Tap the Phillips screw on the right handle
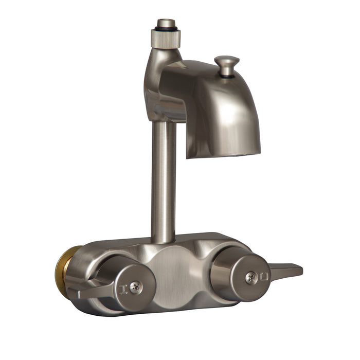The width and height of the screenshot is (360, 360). pyautogui.click(x=251, y=277)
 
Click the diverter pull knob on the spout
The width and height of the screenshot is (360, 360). pyautogui.click(x=226, y=62)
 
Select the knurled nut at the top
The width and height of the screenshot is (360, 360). pyautogui.click(x=166, y=38)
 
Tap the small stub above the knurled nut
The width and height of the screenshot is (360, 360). pyautogui.click(x=166, y=23)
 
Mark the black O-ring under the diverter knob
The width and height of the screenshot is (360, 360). pyautogui.click(x=226, y=76)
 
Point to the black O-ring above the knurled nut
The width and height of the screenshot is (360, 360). pyautogui.click(x=166, y=29)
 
